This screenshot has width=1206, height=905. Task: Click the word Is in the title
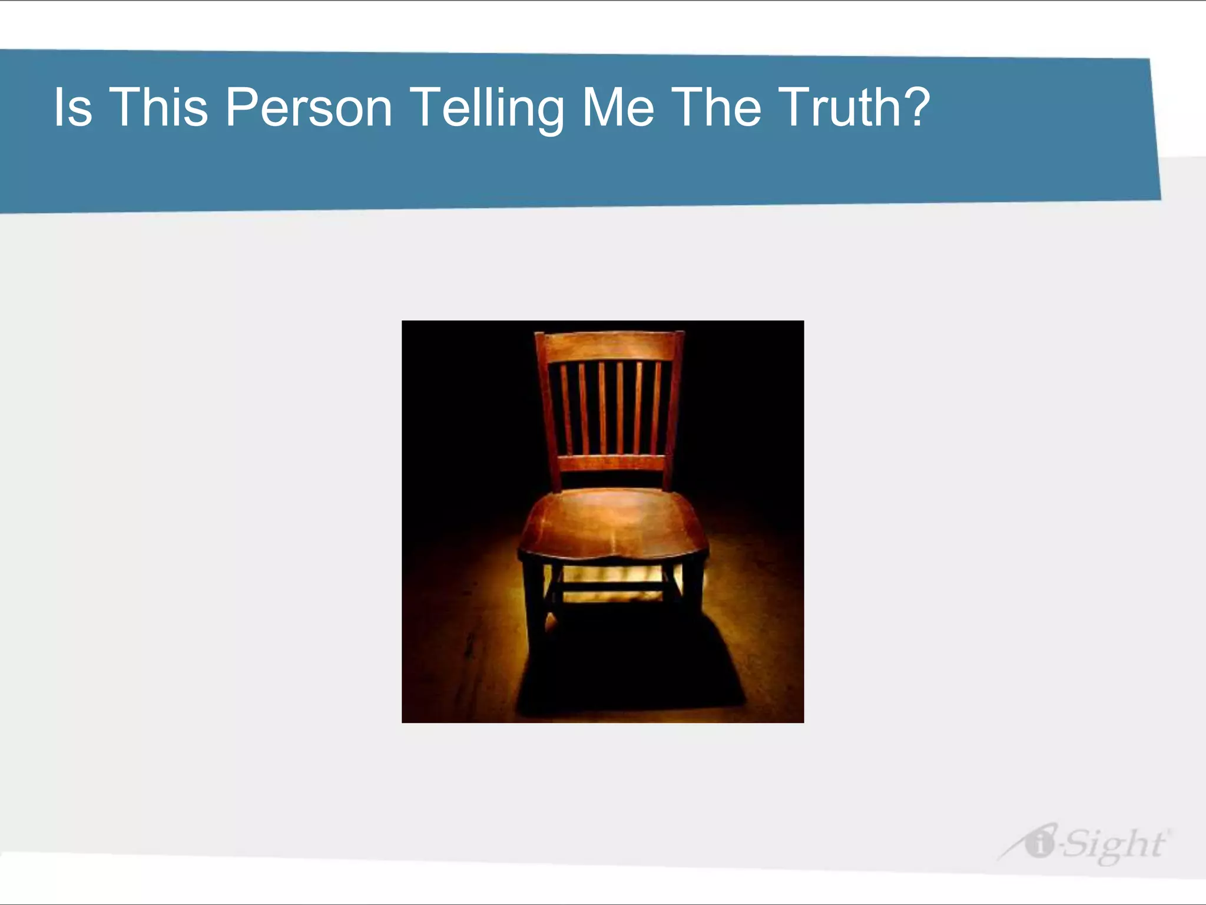(73, 107)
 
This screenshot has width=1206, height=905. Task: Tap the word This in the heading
(158, 107)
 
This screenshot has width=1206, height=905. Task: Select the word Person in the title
(309, 107)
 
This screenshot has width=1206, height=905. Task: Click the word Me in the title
(618, 107)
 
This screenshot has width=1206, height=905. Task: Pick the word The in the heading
(715, 107)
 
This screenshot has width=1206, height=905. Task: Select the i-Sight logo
(1084, 844)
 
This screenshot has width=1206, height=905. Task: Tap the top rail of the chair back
(609, 345)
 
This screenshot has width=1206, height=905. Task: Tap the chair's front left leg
(534, 607)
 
